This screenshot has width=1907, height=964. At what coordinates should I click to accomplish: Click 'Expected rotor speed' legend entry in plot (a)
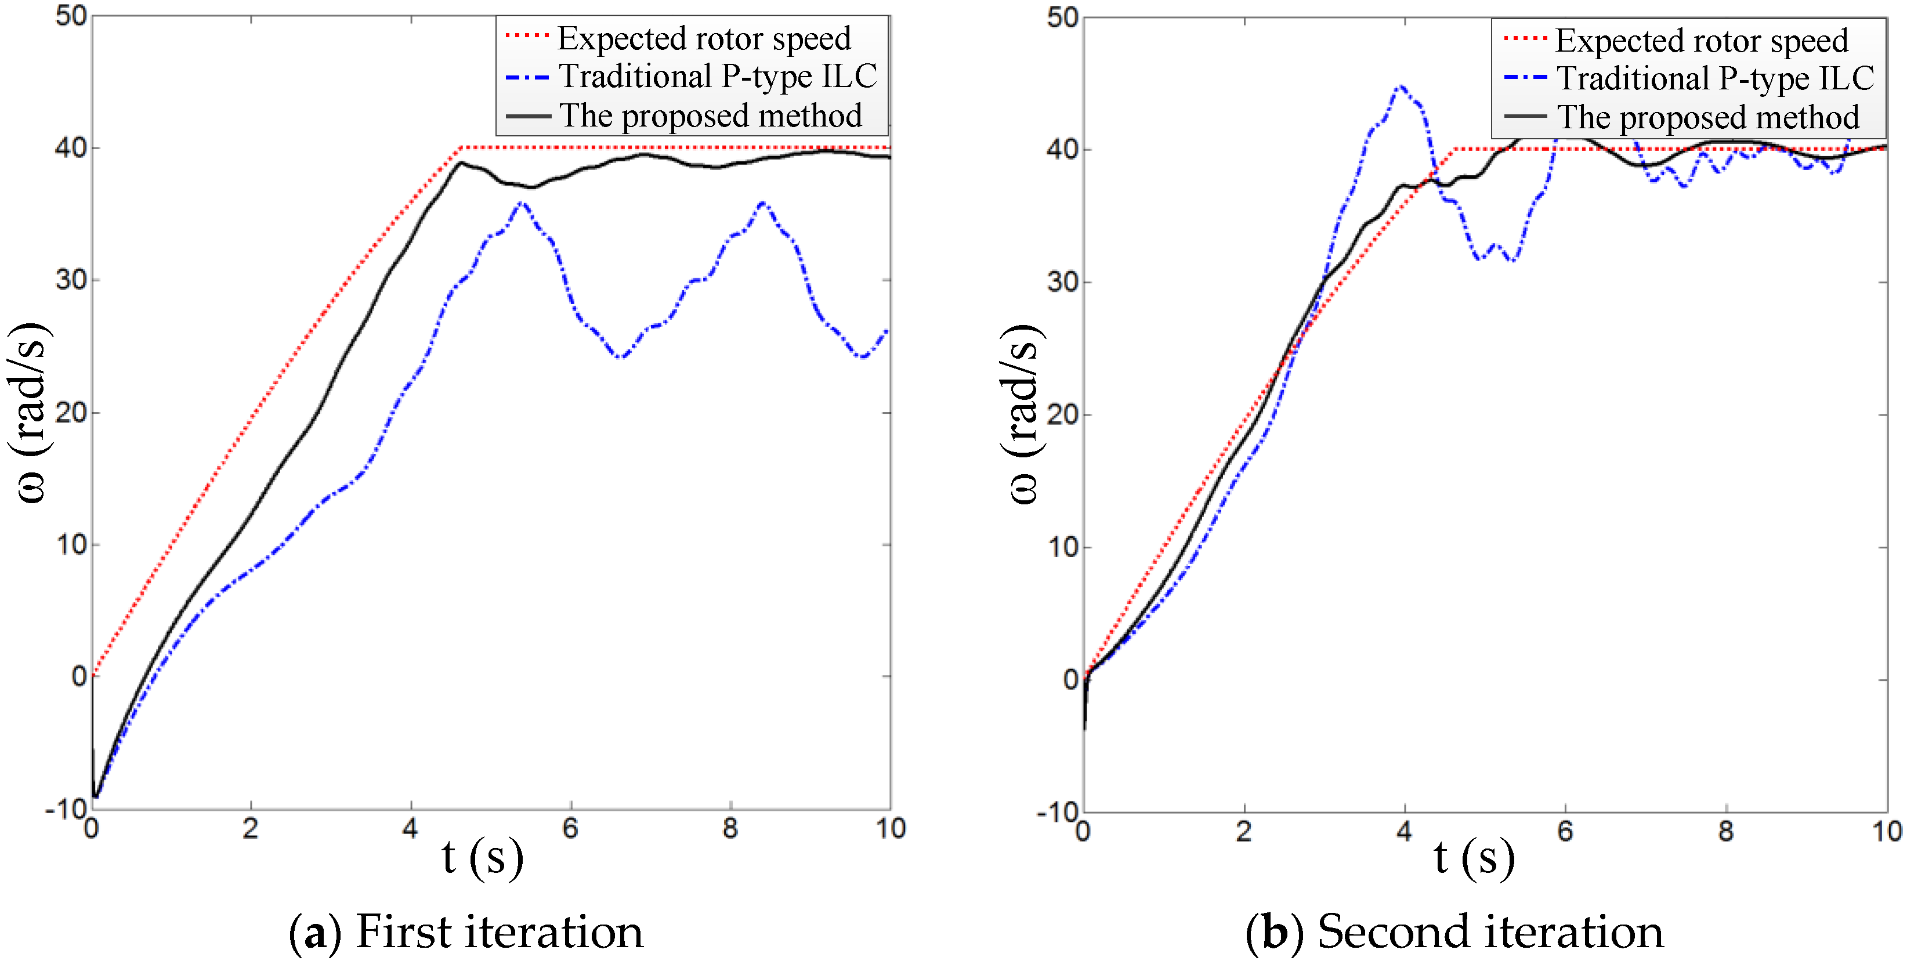pyautogui.click(x=703, y=38)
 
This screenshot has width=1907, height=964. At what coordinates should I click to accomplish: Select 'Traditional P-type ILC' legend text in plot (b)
pyautogui.click(x=1714, y=78)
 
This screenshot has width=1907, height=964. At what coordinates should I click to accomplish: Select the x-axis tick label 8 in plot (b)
pyautogui.click(x=1725, y=831)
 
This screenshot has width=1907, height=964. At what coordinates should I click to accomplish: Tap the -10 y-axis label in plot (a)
pyautogui.click(x=65, y=810)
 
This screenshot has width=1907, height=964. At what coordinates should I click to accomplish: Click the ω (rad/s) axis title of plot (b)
pyautogui.click(x=1023, y=414)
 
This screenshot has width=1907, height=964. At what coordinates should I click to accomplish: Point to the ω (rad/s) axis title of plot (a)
pyautogui.click(x=30, y=413)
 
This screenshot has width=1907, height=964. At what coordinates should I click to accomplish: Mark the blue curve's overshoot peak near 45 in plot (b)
pyautogui.click(x=1400, y=88)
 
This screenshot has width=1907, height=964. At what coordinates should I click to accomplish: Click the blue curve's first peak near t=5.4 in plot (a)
pyautogui.click(x=522, y=202)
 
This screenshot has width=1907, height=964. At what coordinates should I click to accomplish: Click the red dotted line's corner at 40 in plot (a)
pyautogui.click(x=461, y=148)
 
